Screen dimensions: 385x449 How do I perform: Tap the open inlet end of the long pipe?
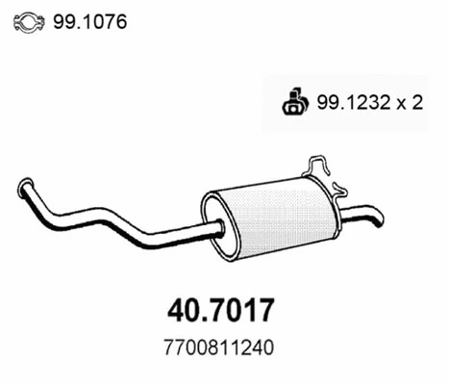[x=24, y=187]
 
